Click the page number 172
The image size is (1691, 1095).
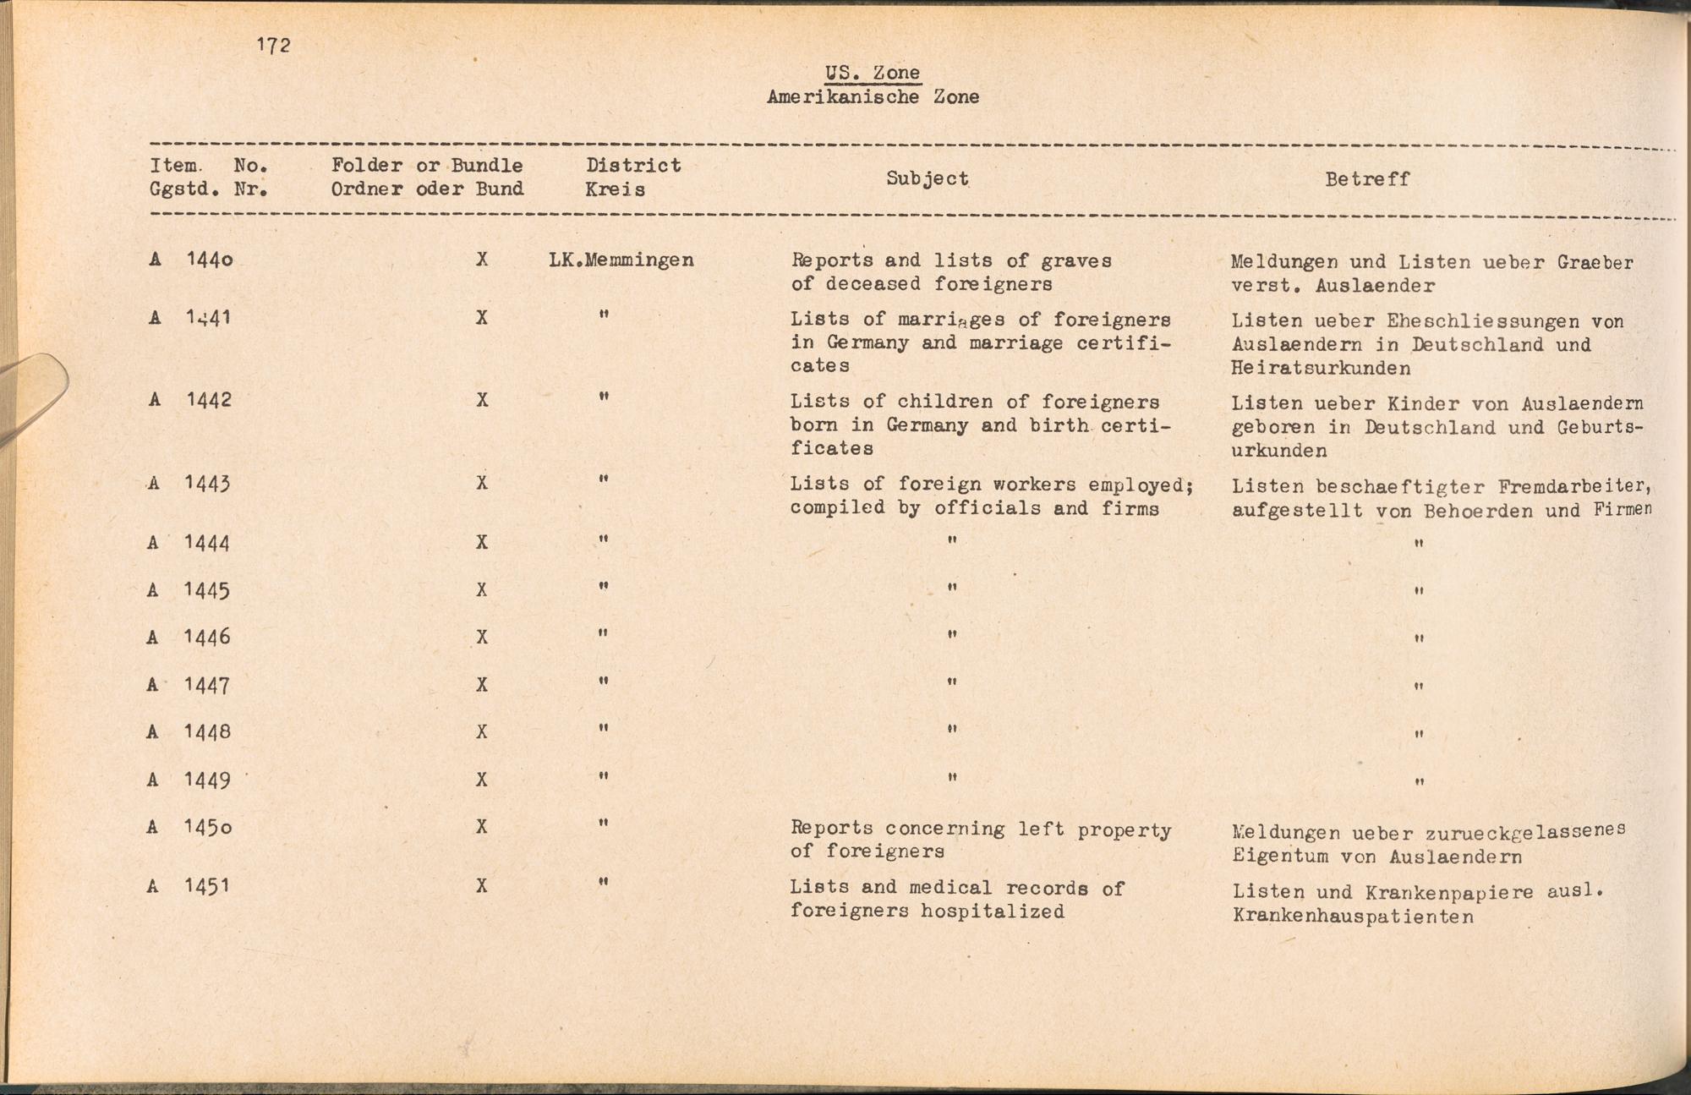274,46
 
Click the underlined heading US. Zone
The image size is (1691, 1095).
873,73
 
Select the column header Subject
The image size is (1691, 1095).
927,178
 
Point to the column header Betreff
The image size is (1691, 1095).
1366,179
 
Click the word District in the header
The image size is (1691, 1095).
633,166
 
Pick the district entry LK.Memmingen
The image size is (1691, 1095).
621,260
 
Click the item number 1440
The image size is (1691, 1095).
210,260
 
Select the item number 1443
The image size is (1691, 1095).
208,484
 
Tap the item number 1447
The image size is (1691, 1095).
207,685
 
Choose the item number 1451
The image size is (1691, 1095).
207,886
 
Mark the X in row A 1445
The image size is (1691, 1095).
481,590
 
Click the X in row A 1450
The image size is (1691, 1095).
481,826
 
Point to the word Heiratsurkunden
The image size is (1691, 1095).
1321,369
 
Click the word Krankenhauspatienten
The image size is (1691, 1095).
1353,917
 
